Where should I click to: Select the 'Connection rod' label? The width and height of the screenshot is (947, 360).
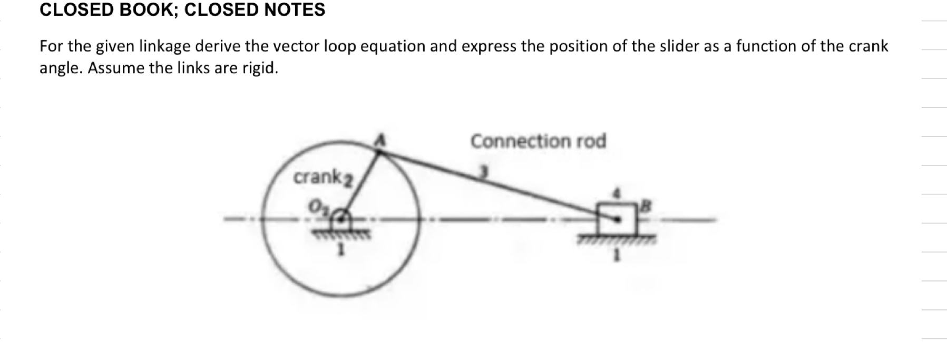(x=538, y=141)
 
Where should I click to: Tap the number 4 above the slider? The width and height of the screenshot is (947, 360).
(x=614, y=192)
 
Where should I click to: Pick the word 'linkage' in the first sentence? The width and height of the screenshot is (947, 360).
(x=164, y=47)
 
